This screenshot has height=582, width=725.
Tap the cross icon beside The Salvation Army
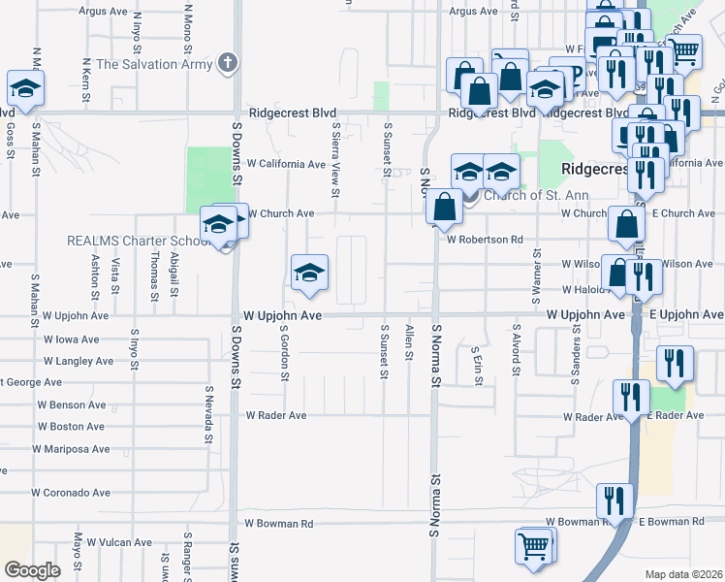pos(228,64)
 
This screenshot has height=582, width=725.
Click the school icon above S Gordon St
pos(309,273)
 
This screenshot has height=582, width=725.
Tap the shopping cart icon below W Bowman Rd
pos(534,546)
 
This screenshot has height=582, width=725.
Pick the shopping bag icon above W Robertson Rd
pos(444,207)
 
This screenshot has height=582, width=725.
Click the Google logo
pos(32,569)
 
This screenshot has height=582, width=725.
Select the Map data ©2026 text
pos(683,574)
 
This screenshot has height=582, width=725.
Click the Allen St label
pos(410,340)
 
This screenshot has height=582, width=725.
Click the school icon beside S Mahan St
pos(24,88)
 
